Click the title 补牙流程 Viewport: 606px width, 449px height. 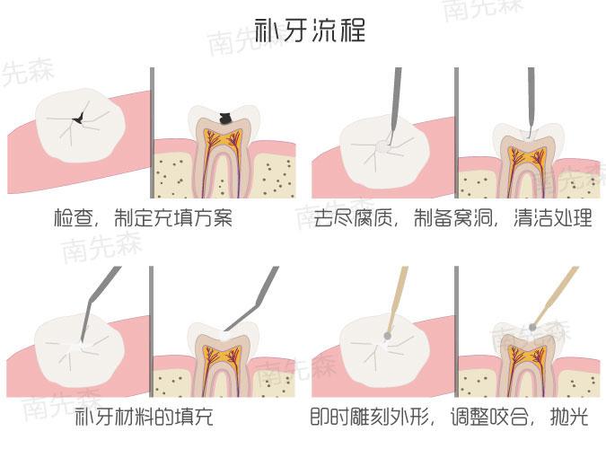(311, 31)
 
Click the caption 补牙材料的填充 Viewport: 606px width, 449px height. (145, 418)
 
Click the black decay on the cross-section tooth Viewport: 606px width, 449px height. (226, 118)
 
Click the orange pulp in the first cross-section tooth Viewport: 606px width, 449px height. (221, 148)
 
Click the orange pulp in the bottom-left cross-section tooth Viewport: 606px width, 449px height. (221, 355)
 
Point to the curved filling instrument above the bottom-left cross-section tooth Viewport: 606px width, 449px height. (256, 296)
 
